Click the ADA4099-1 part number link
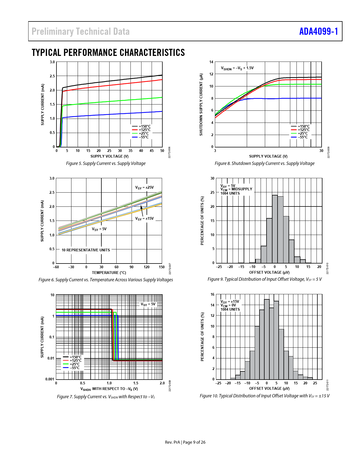318,31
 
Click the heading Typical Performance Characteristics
108,53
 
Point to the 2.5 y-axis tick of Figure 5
52,76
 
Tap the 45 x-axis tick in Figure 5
152,151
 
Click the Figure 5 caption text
106,164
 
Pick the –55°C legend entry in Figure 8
303,137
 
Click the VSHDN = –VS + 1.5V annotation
237,68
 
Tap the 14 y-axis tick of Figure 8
211,62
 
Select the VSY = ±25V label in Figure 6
144,188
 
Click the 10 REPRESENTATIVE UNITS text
86,250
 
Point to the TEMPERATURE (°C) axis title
109,273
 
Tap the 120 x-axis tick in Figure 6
147,267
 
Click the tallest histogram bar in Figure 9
275,229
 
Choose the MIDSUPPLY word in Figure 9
242,189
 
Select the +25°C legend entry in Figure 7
75,364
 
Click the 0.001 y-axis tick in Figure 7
50,379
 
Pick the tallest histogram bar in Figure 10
267,339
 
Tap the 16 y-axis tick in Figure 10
213,295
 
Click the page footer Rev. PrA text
172,442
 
